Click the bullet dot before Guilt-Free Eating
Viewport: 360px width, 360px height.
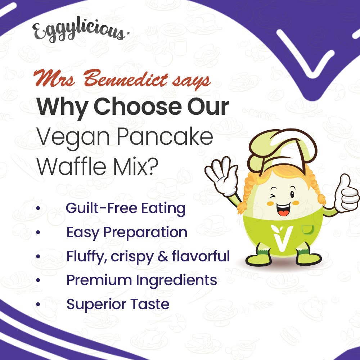(x=38, y=208)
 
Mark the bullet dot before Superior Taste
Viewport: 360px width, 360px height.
(x=38, y=305)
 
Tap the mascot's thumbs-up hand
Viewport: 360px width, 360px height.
(x=346, y=194)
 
